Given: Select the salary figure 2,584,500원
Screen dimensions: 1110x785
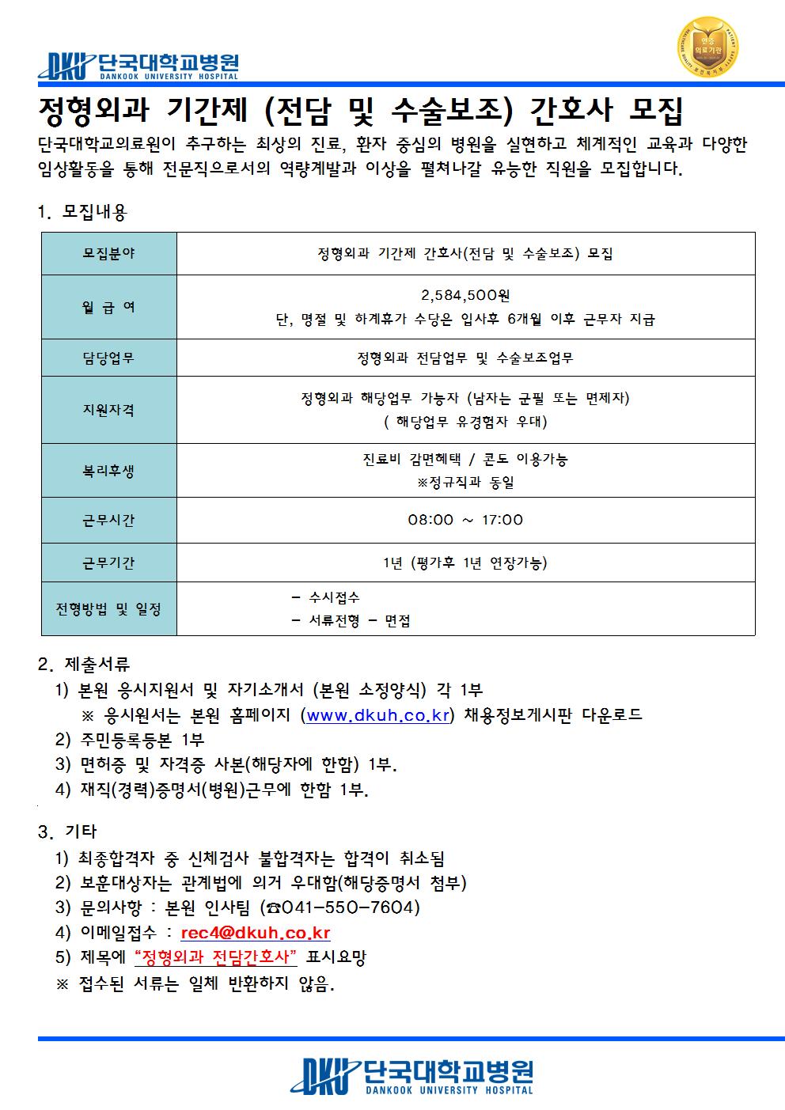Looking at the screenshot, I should (465, 296).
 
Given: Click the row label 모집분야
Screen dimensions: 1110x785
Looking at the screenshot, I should (109, 253).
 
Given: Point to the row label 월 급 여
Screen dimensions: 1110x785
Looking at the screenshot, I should (109, 307).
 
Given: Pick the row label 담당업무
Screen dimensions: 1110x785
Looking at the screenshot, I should (109, 358).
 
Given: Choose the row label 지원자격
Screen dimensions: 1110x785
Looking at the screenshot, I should (109, 410).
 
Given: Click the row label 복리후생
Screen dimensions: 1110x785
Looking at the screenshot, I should (109, 471).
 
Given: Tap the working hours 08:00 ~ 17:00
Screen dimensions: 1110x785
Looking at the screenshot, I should (465, 520).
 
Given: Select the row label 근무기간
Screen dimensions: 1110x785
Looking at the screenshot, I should (109, 563).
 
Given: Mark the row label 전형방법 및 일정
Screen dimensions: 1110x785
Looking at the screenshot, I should (109, 609).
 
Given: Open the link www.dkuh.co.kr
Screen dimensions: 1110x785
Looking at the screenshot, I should (377, 715).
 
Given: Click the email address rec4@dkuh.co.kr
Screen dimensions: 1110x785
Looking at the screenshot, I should (256, 933).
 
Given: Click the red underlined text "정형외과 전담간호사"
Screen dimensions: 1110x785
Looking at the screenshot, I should (216, 957).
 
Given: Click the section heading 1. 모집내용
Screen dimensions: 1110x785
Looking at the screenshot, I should (82, 212).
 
